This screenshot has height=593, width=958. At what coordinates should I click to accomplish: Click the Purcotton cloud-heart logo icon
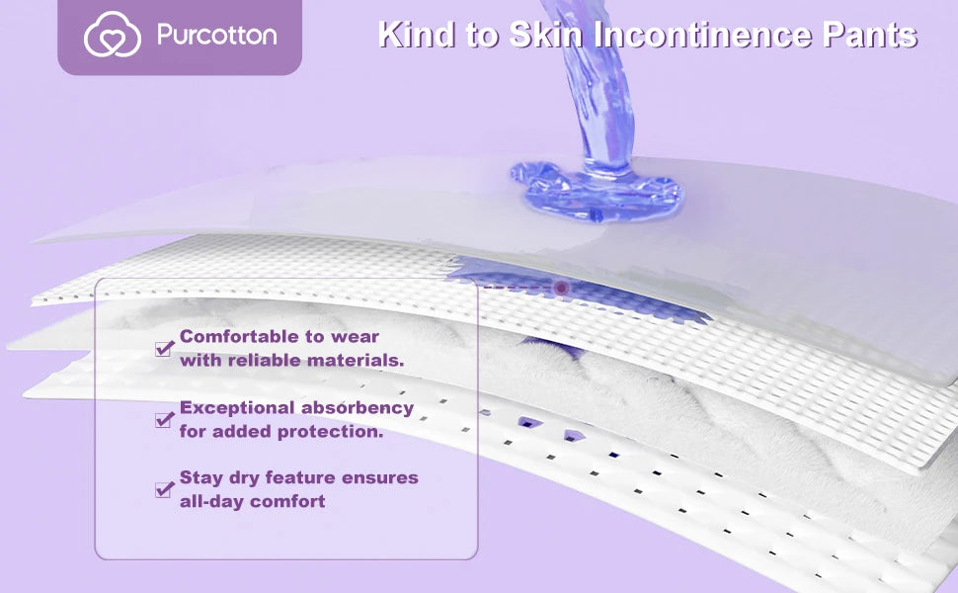tap(112, 37)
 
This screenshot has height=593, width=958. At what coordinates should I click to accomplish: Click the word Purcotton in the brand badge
tap(216, 37)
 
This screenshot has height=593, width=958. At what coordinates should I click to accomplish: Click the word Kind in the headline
tap(409, 36)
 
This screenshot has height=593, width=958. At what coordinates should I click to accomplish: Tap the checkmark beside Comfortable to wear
tap(164, 348)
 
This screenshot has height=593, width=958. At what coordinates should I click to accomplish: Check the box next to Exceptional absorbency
tap(164, 419)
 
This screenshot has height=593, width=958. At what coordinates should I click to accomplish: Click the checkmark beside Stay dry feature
tap(164, 489)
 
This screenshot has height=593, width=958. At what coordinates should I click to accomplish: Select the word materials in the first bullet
tap(355, 361)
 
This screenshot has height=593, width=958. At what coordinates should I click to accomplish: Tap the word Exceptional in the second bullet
tap(237, 408)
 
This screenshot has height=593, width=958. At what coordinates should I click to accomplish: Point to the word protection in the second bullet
tap(334, 432)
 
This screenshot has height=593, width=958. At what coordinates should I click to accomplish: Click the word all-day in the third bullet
tap(210, 502)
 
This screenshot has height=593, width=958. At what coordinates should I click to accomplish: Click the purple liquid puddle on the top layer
tap(597, 188)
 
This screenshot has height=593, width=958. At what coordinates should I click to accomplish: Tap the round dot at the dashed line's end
tap(561, 288)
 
